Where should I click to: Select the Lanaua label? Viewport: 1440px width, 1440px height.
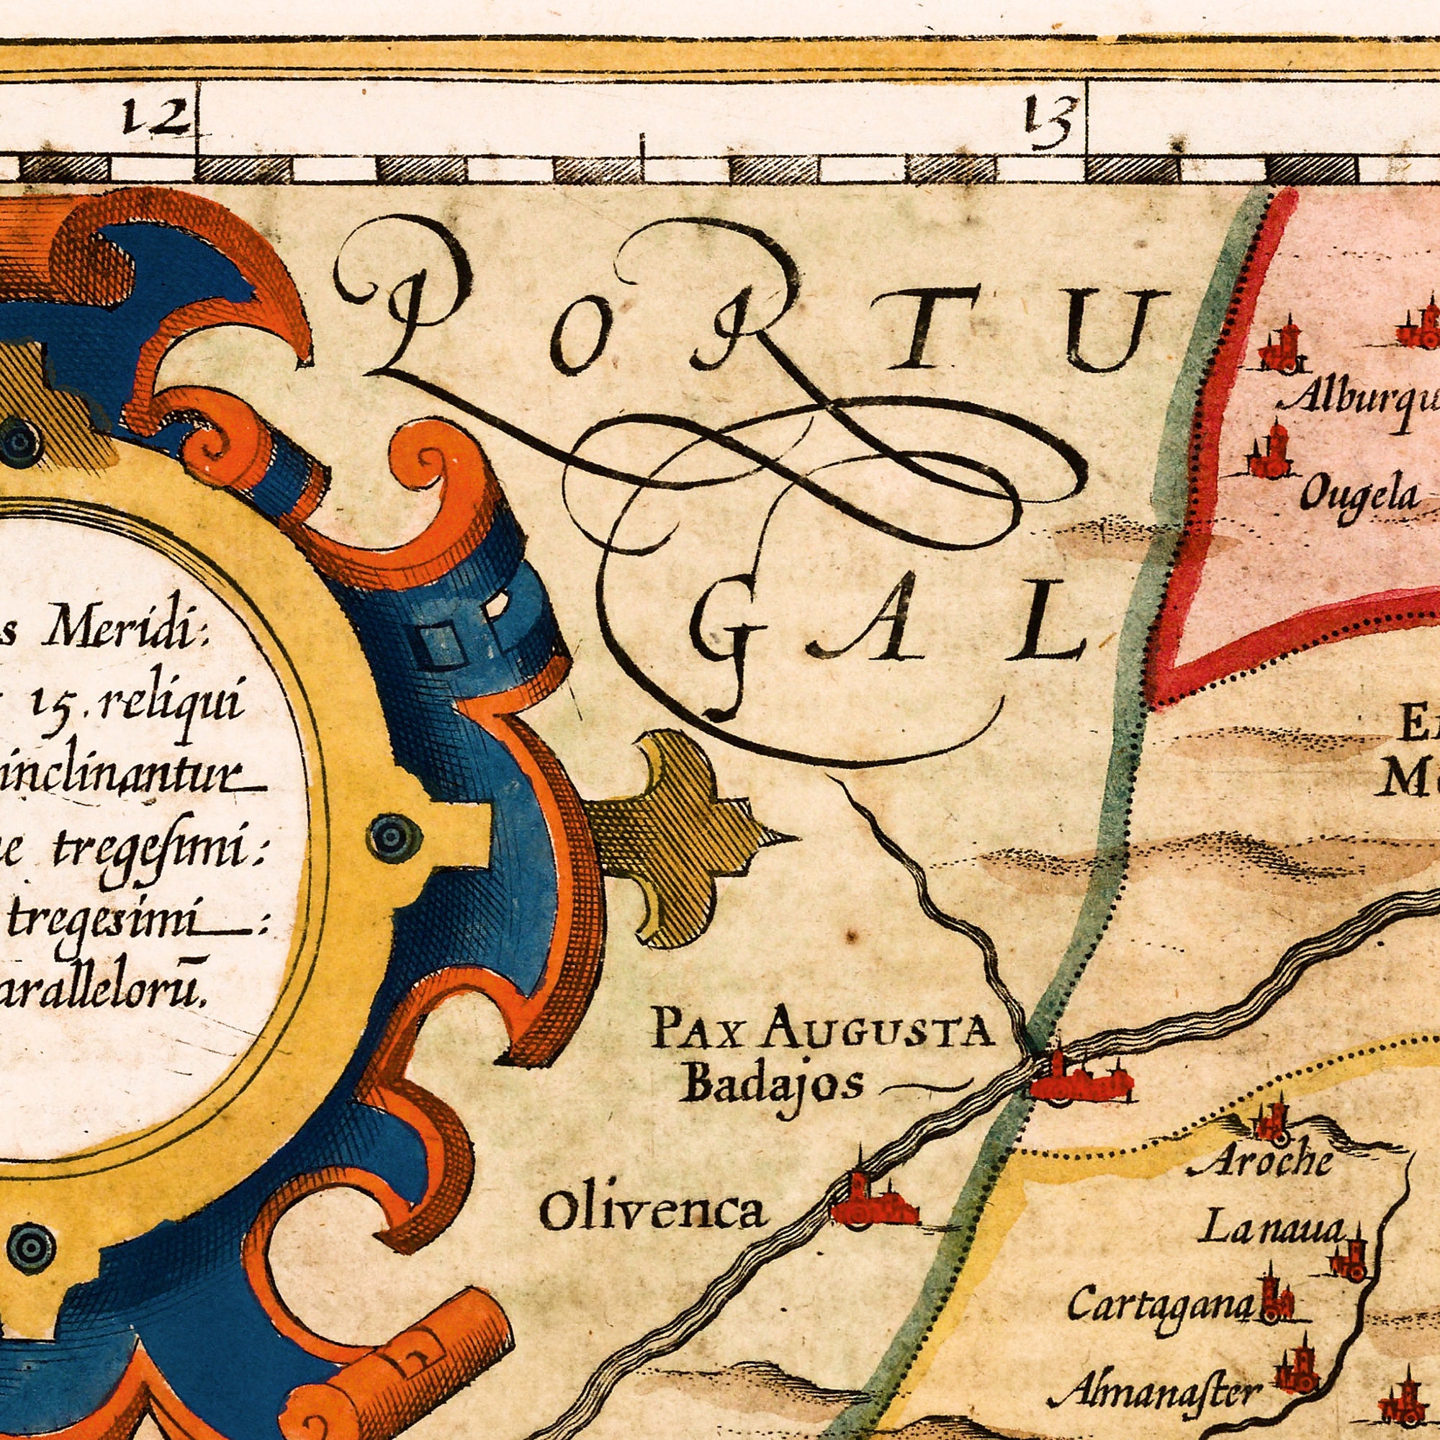(x=1271, y=1229)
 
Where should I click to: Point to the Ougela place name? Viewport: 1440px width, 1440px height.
(x=1359, y=495)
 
